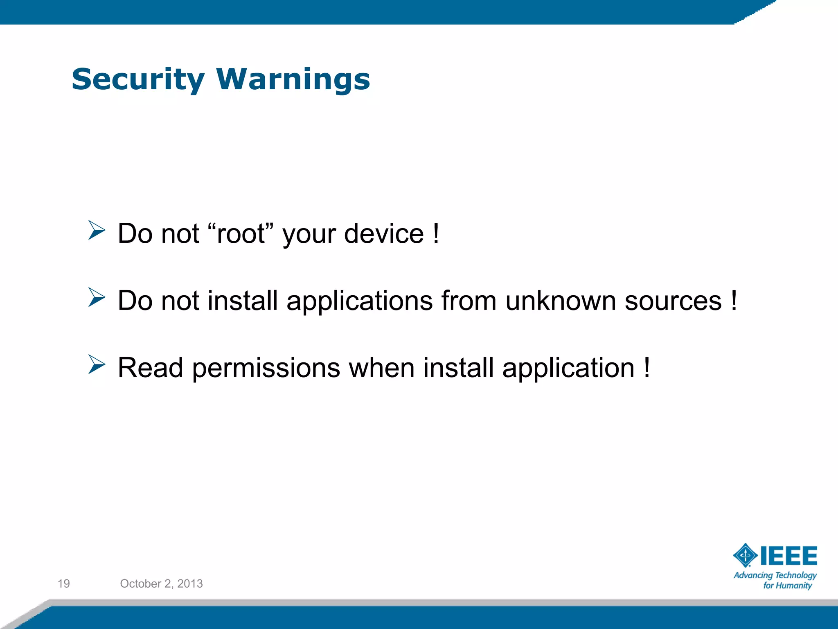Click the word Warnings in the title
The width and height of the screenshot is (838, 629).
(x=293, y=79)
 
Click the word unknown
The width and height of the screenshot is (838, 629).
(x=561, y=301)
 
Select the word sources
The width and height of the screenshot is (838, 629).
(x=673, y=301)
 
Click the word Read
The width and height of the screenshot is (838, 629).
(x=150, y=367)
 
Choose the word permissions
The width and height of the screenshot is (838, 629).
(x=266, y=368)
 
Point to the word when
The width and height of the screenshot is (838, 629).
(x=381, y=367)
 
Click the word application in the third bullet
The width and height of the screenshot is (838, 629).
(x=568, y=368)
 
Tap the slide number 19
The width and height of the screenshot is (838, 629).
(x=64, y=584)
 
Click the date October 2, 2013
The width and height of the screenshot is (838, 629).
(x=161, y=584)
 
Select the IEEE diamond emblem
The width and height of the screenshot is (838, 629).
(x=745, y=556)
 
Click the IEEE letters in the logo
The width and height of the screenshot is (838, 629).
(x=788, y=556)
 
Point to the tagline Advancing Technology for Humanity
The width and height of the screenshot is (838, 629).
(x=775, y=580)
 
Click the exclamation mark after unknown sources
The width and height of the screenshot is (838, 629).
(x=734, y=301)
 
